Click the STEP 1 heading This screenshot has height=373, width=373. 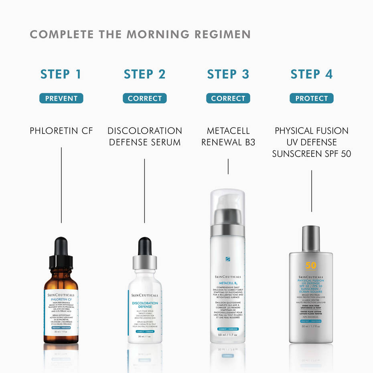pyautogui.click(x=61, y=74)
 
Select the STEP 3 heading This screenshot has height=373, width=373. pyautogui.click(x=228, y=74)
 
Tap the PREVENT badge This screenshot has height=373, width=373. pyautogui.click(x=61, y=98)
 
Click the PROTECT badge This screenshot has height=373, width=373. pyautogui.click(x=311, y=98)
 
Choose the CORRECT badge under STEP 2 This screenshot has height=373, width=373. pyautogui.click(x=144, y=98)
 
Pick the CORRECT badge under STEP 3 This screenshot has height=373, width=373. pyautogui.click(x=228, y=98)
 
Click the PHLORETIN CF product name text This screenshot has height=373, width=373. pyautogui.click(x=61, y=131)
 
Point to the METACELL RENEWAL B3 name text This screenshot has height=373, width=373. pyautogui.click(x=228, y=136)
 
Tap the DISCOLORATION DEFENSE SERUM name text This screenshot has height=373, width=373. pyautogui.click(x=144, y=136)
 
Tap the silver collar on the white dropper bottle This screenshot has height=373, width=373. pyautogui.click(x=144, y=263)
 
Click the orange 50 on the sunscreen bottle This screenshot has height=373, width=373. pyautogui.click(x=311, y=266)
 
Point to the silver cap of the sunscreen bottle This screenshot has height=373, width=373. pyautogui.click(x=311, y=239)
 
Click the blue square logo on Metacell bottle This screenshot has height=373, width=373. pyautogui.click(x=227, y=259)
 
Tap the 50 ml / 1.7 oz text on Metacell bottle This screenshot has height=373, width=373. pyautogui.click(x=227, y=334)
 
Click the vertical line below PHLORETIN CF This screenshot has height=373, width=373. pyautogui.click(x=61, y=184)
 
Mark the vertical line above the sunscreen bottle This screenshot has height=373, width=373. pyautogui.click(x=312, y=195)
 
